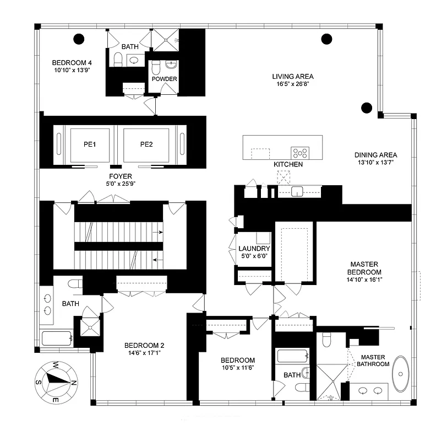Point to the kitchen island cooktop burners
pos(300,153)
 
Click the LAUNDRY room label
pos(254,249)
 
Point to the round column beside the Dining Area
pos(366,107)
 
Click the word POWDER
pos(164,79)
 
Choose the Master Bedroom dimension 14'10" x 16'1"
pos(364,279)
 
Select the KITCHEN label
pos(288,164)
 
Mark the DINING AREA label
pos(376,155)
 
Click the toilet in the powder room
pos(156,67)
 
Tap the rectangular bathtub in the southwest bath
pos(56,337)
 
